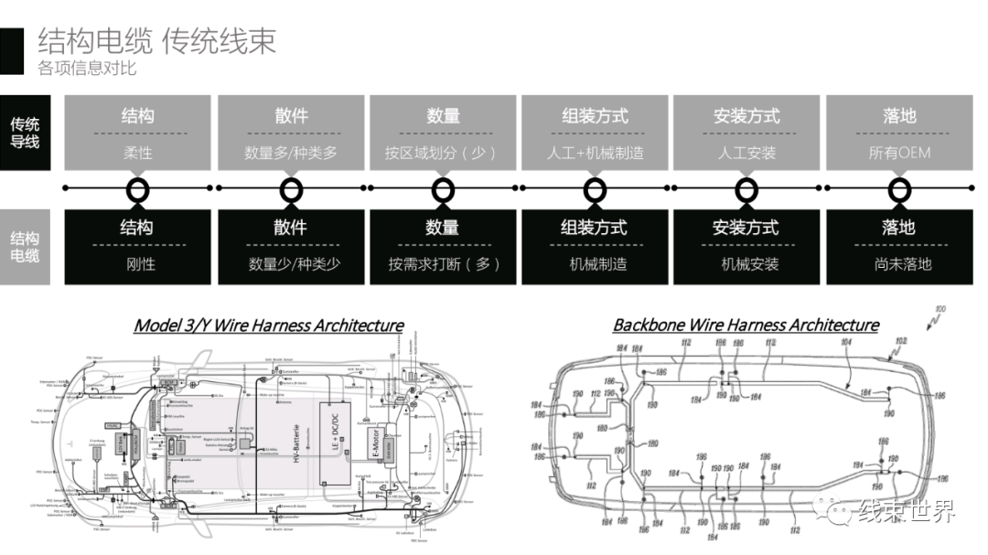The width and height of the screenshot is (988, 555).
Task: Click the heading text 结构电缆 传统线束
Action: click(156, 41)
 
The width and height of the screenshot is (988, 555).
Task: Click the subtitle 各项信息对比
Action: click(87, 68)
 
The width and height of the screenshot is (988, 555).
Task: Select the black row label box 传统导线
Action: click(25, 133)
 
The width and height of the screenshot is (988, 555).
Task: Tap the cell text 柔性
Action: click(138, 153)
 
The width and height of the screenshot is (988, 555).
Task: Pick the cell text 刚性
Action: click(138, 264)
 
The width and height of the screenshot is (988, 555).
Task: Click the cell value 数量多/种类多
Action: click(290, 153)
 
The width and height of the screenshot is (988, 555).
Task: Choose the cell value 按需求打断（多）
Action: click(443, 264)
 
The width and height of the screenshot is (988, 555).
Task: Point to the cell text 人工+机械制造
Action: click(595, 153)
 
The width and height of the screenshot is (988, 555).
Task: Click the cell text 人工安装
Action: click(746, 153)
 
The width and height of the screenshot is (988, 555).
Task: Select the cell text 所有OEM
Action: click(899, 153)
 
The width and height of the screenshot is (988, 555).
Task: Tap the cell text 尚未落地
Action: click(899, 264)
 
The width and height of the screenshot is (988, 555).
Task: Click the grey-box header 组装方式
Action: click(595, 116)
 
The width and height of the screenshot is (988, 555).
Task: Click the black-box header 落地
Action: click(899, 228)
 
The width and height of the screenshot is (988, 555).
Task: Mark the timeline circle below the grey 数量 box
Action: click(443, 189)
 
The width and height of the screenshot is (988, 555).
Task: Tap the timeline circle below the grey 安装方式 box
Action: click(747, 189)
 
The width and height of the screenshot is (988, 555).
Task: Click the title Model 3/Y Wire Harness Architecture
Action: click(268, 326)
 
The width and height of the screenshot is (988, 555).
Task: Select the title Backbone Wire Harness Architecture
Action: click(746, 326)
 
